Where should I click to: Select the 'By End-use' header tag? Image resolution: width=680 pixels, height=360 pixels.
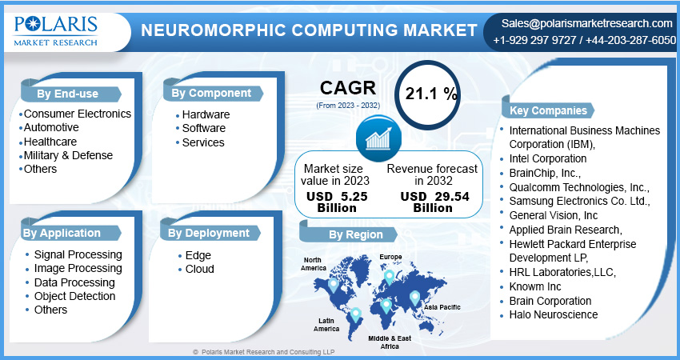(68, 94)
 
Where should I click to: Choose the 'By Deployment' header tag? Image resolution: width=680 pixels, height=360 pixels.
(210, 233)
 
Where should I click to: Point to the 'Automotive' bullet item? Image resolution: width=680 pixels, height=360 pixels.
(51, 127)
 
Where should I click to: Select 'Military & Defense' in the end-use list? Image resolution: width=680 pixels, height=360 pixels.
(68, 155)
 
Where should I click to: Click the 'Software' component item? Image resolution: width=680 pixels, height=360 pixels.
(203, 128)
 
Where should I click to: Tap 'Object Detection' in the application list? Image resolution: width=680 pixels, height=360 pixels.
(75, 296)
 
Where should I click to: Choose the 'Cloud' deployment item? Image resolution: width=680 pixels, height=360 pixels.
(199, 269)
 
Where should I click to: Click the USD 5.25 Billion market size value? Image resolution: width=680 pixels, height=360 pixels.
(332, 202)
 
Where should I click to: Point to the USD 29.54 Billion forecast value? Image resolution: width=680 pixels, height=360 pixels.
(432, 202)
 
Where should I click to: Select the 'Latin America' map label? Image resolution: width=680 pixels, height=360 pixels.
(325, 324)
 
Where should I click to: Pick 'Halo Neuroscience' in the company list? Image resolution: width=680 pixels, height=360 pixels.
(553, 314)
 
